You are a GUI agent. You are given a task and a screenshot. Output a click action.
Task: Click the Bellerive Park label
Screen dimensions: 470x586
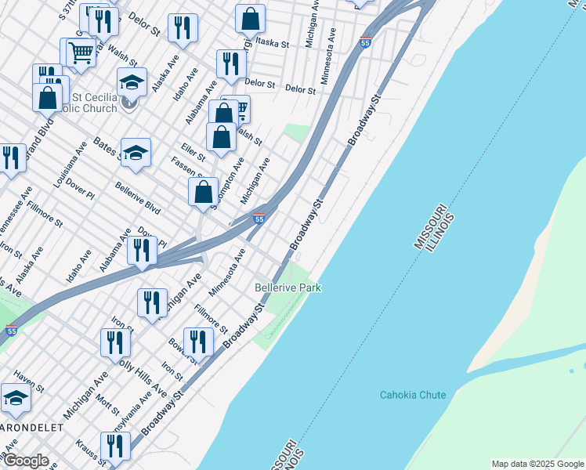(288, 288)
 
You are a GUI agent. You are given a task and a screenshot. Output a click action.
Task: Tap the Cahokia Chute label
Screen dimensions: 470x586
(413, 395)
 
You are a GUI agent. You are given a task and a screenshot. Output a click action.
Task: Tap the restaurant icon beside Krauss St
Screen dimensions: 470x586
(115, 446)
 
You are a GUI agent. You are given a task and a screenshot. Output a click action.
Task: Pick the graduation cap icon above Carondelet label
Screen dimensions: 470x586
(16, 397)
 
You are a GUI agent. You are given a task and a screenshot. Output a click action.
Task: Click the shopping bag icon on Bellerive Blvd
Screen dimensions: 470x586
(204, 191)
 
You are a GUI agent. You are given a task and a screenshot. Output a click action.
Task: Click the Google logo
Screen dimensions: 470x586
(25, 461)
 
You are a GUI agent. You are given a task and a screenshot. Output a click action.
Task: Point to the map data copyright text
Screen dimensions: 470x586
(537, 464)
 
